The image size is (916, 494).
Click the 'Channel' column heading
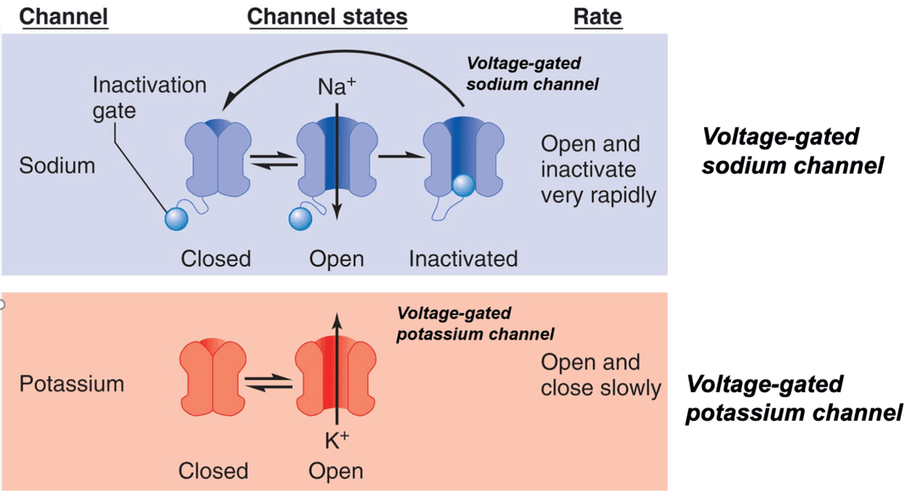64,17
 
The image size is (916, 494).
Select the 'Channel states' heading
327,17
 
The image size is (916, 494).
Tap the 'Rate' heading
598,17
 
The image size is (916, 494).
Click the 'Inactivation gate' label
148,98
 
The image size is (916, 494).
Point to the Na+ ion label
336,87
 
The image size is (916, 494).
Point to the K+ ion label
337,440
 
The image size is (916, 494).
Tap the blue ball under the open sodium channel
301,218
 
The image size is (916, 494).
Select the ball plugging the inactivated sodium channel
462,185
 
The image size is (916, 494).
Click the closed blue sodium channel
217,158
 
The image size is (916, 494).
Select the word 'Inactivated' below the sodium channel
463,258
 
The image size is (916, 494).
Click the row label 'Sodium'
57,166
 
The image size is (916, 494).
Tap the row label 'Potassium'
71,384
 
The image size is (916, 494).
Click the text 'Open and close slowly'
600,375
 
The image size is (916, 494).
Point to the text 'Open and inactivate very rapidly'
599,169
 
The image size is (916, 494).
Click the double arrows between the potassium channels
269,384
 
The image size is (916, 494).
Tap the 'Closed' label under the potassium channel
213,470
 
